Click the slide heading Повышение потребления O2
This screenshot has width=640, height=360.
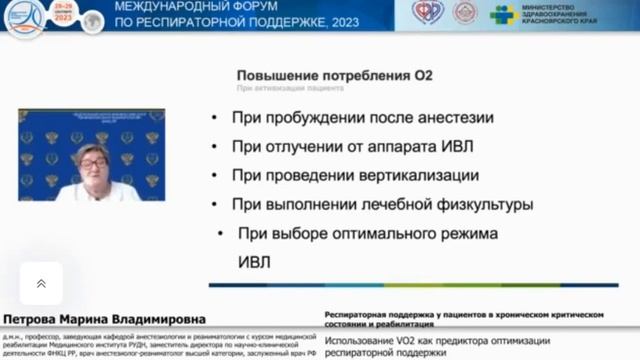click(x=334, y=75)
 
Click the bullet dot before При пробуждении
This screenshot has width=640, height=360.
click(x=216, y=118)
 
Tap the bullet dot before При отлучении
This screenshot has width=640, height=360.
click(x=216, y=147)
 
